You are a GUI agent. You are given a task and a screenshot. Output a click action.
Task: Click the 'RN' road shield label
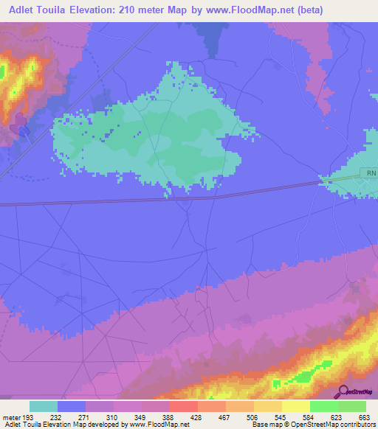click(x=370, y=172)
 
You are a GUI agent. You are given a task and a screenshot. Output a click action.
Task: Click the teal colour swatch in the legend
click(x=44, y=406)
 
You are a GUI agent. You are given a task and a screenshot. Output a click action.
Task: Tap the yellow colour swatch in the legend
click(x=295, y=406)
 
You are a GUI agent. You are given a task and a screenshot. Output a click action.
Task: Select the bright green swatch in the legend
click(x=323, y=406)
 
